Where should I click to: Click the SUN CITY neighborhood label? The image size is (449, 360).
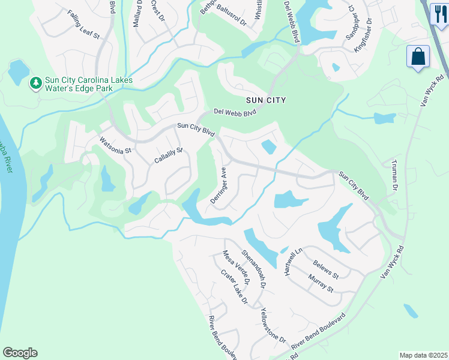[x=265, y=100]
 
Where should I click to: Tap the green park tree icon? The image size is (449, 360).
[x=35, y=82]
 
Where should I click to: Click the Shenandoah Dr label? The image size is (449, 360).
[x=254, y=267]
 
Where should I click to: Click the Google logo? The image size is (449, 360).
[x=20, y=353]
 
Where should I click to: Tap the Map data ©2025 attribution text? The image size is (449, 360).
[x=423, y=355]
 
